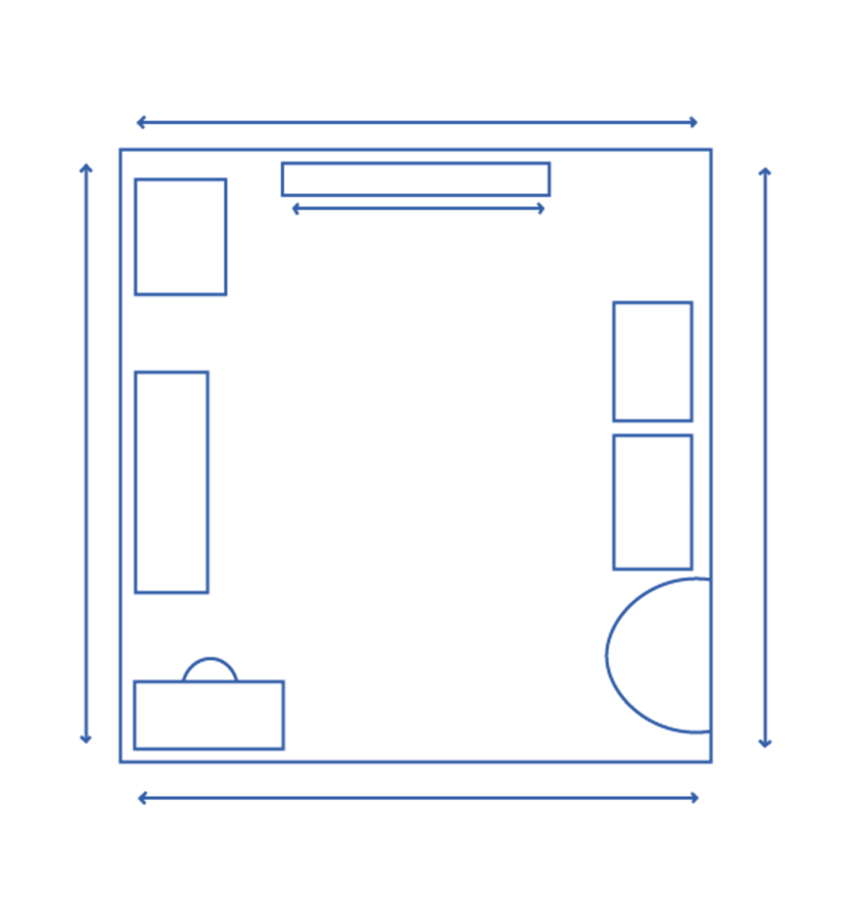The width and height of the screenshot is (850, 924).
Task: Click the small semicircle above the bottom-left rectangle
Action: (210, 670)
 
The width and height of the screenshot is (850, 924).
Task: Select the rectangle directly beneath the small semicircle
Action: (209, 715)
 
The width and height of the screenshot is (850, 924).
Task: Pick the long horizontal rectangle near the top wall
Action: (416, 179)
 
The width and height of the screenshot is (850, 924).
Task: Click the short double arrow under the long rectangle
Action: (418, 208)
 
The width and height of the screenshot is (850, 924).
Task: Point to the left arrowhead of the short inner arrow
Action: (295, 208)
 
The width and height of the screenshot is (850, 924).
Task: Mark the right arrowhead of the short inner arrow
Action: (541, 208)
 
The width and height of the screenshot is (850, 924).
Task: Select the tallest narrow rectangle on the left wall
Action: (171, 483)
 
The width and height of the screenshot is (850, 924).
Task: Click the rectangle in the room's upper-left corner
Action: (180, 237)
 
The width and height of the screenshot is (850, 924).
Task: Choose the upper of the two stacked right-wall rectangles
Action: (653, 362)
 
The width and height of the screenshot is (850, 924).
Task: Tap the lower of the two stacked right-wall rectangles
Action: (653, 502)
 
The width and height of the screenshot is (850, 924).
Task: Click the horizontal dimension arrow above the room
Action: (416, 123)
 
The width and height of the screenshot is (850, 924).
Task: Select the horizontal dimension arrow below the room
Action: (418, 798)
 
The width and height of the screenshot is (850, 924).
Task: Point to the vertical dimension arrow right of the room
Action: (765, 457)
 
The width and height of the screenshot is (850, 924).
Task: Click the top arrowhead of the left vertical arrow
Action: (86, 168)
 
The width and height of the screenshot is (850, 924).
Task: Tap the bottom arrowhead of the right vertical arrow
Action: (765, 744)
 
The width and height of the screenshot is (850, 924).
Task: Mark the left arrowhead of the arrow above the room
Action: (140, 123)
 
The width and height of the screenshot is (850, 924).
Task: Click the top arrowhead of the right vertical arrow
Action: (765, 171)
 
